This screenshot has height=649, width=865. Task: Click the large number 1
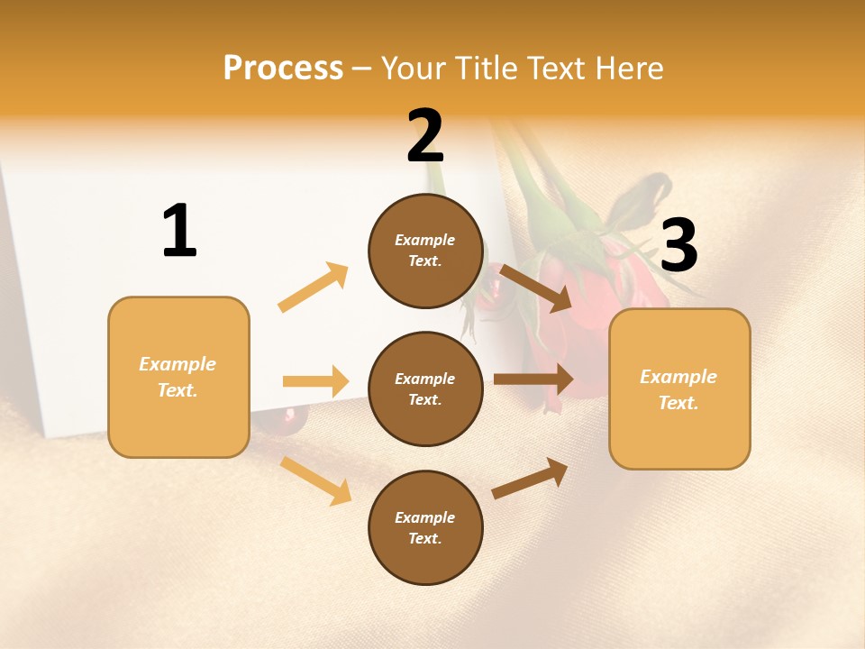(179, 231)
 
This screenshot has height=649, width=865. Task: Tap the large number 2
(425, 136)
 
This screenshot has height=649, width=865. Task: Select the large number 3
(678, 245)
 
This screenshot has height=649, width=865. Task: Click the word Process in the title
(283, 68)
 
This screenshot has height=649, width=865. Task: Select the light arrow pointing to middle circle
(315, 381)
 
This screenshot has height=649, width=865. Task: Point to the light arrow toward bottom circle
(315, 480)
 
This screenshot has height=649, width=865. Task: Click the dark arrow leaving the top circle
(535, 288)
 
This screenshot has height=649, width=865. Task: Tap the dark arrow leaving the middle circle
(533, 379)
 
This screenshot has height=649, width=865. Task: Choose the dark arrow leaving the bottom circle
(530, 478)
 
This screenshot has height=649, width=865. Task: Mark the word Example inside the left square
(178, 364)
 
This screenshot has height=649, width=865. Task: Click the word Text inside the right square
(678, 403)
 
